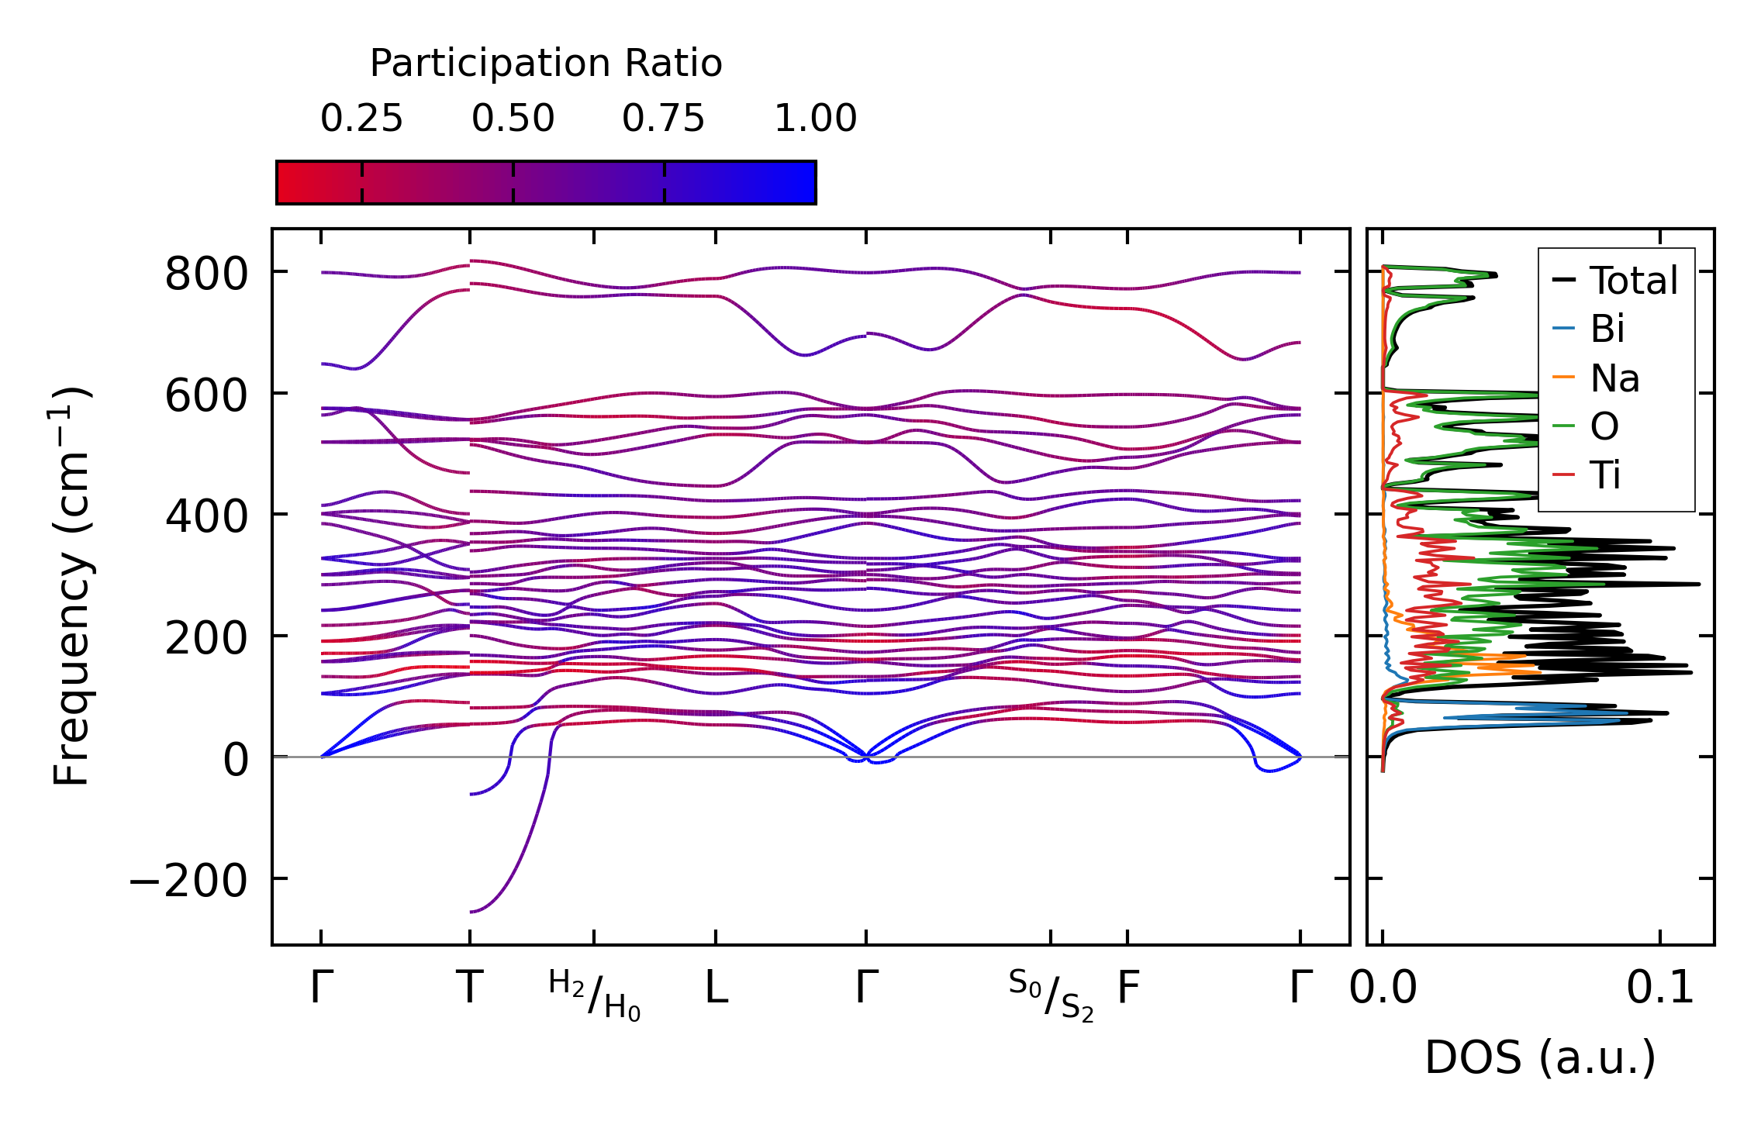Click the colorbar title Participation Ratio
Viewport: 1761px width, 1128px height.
545,64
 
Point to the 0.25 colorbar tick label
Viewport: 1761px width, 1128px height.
361,119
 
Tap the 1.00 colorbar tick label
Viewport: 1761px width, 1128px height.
815,119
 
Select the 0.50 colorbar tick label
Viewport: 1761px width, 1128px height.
513,119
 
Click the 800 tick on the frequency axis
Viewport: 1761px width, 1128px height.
206,274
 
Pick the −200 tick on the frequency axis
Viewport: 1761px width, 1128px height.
188,881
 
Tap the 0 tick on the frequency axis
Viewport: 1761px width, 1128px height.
236,760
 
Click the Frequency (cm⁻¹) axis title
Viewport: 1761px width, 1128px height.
71,586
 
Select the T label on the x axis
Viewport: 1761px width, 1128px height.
470,988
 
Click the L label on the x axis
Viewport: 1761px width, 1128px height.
716,988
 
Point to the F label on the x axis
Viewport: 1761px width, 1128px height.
1127,988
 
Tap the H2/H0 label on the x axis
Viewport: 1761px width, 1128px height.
595,995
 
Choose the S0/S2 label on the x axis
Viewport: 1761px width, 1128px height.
1051,995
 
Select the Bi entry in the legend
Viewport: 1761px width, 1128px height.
1607,329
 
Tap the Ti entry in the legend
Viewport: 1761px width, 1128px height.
1605,474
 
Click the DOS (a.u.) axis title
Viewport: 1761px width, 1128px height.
1540,1057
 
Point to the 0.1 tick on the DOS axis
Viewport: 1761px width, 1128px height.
1660,988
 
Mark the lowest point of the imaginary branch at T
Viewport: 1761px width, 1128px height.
471,912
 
